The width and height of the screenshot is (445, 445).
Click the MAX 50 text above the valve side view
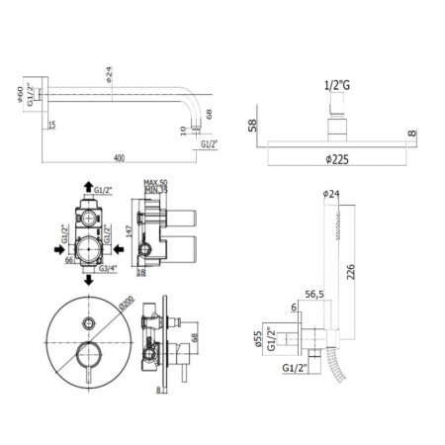[x=151, y=183]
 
